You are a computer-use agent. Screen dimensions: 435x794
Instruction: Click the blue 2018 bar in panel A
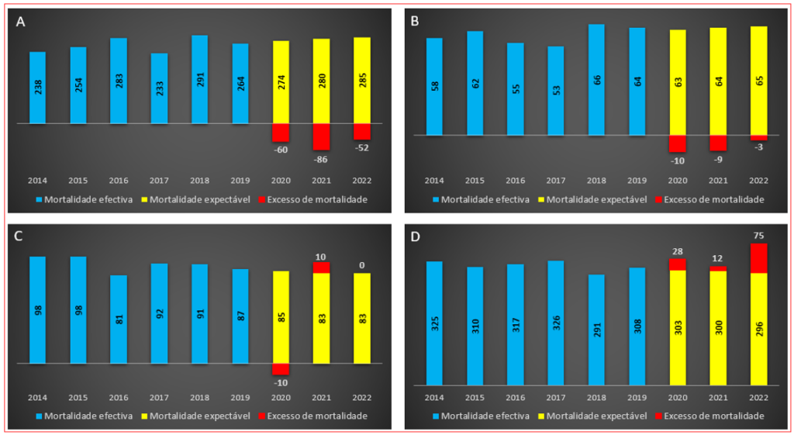pyautogui.click(x=199, y=79)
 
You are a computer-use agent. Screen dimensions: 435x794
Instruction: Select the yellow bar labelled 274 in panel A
pyautogui.click(x=281, y=82)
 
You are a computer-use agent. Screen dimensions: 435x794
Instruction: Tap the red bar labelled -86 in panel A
pyautogui.click(x=321, y=137)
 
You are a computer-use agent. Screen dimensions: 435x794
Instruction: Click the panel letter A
pyautogui.click(x=21, y=22)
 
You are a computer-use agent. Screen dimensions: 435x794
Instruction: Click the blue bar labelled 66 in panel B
pyautogui.click(x=596, y=79)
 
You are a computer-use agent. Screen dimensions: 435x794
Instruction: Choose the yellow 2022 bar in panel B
pyautogui.click(x=758, y=81)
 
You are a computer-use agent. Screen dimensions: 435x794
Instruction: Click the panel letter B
pyautogui.click(x=415, y=22)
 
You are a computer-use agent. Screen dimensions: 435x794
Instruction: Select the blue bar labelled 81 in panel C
pyautogui.click(x=119, y=319)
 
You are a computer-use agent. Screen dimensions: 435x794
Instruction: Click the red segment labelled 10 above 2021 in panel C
pyautogui.click(x=321, y=268)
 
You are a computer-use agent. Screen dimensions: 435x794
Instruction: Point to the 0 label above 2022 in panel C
pyautogui.click(x=361, y=265)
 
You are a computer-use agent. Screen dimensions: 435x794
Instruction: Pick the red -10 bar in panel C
pyautogui.click(x=281, y=369)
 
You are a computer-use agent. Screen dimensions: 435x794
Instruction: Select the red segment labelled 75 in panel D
pyautogui.click(x=758, y=258)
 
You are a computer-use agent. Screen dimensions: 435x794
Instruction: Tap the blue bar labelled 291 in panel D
pyautogui.click(x=596, y=330)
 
